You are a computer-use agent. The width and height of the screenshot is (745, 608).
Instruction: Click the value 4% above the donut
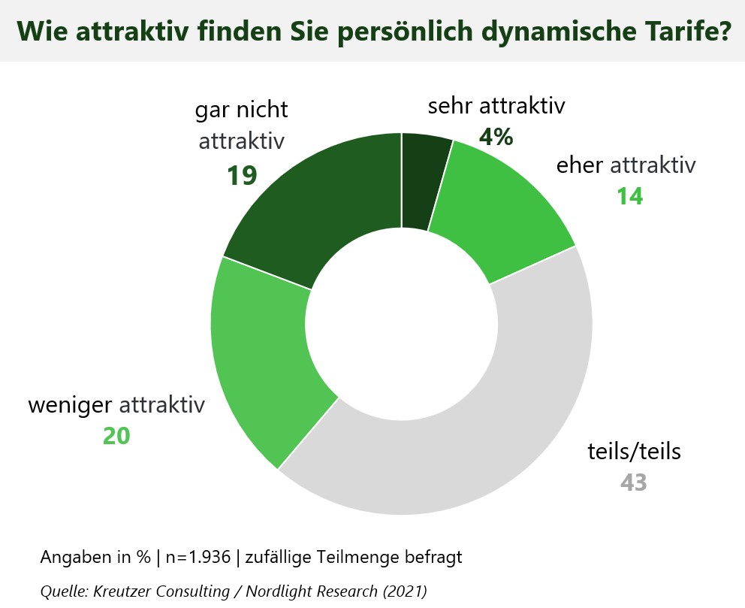point(496,137)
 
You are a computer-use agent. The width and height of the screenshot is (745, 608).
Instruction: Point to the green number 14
point(630,196)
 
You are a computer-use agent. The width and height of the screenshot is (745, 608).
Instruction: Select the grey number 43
point(633,482)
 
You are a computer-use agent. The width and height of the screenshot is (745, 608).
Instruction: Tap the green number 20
point(116,436)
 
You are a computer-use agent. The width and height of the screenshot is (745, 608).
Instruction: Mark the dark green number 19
point(242,175)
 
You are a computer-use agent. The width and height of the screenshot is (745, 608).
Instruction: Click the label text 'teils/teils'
point(634,452)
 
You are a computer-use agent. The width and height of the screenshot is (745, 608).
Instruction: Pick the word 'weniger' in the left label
point(71,406)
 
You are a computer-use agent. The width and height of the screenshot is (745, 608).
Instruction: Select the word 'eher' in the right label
point(580,165)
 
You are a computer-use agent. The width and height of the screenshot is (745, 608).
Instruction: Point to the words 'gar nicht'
point(241,110)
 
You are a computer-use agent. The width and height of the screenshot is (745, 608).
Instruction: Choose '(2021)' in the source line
point(404,591)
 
